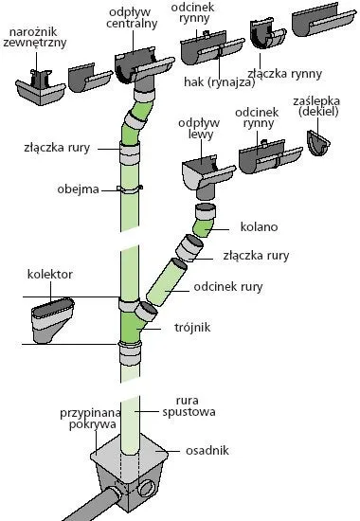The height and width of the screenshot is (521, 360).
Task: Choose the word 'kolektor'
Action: click(50, 275)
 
